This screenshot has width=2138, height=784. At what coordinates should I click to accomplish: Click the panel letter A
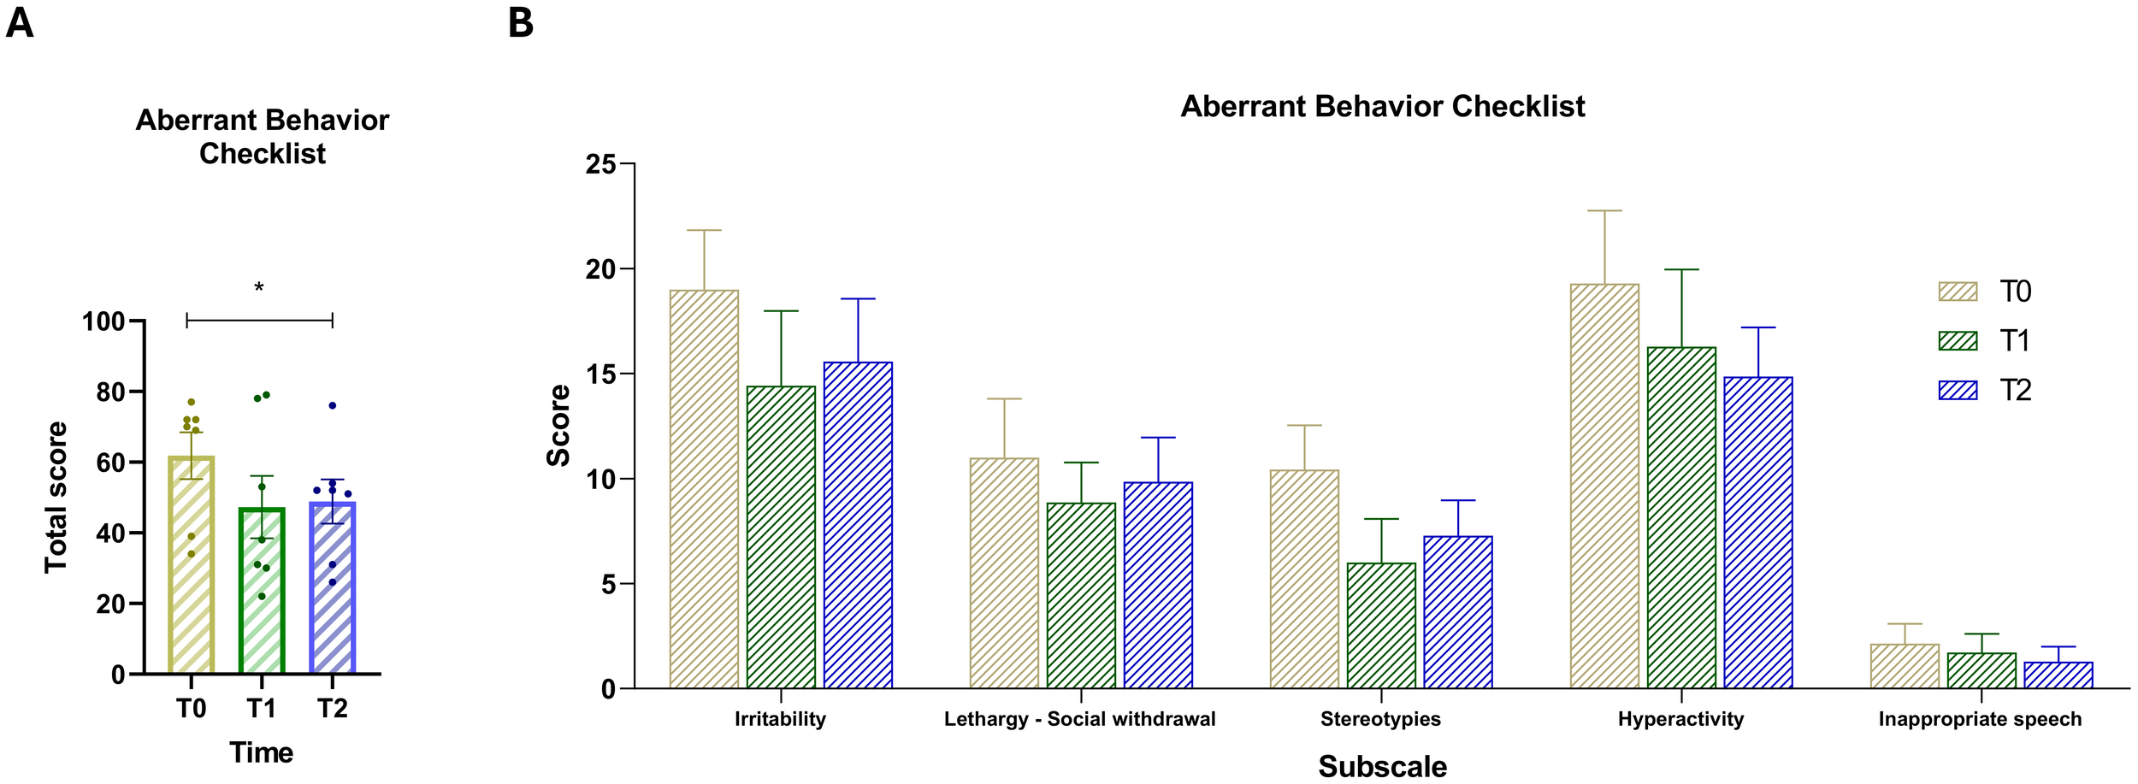click(19, 23)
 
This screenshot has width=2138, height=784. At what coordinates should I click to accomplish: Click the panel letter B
click(520, 23)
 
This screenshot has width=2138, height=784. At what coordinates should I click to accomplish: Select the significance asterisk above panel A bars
click(259, 288)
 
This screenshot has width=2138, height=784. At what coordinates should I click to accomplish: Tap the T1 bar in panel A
click(262, 598)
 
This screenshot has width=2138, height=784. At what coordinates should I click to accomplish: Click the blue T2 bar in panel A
click(332, 598)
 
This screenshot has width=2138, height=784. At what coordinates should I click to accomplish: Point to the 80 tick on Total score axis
click(110, 392)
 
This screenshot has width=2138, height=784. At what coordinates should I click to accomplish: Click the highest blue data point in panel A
click(333, 405)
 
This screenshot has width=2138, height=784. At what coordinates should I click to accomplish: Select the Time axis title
click(261, 752)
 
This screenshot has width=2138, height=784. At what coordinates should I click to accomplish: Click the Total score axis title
click(56, 497)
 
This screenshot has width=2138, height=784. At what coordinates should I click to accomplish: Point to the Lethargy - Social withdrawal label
click(1079, 719)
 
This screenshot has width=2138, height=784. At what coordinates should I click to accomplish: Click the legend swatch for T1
click(1958, 341)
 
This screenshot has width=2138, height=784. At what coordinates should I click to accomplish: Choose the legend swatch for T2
click(1958, 391)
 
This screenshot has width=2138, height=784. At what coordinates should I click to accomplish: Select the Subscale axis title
click(1382, 766)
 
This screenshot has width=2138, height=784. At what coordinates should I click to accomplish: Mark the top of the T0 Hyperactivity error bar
click(1604, 210)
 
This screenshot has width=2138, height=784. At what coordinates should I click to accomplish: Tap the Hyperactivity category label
click(1680, 719)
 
